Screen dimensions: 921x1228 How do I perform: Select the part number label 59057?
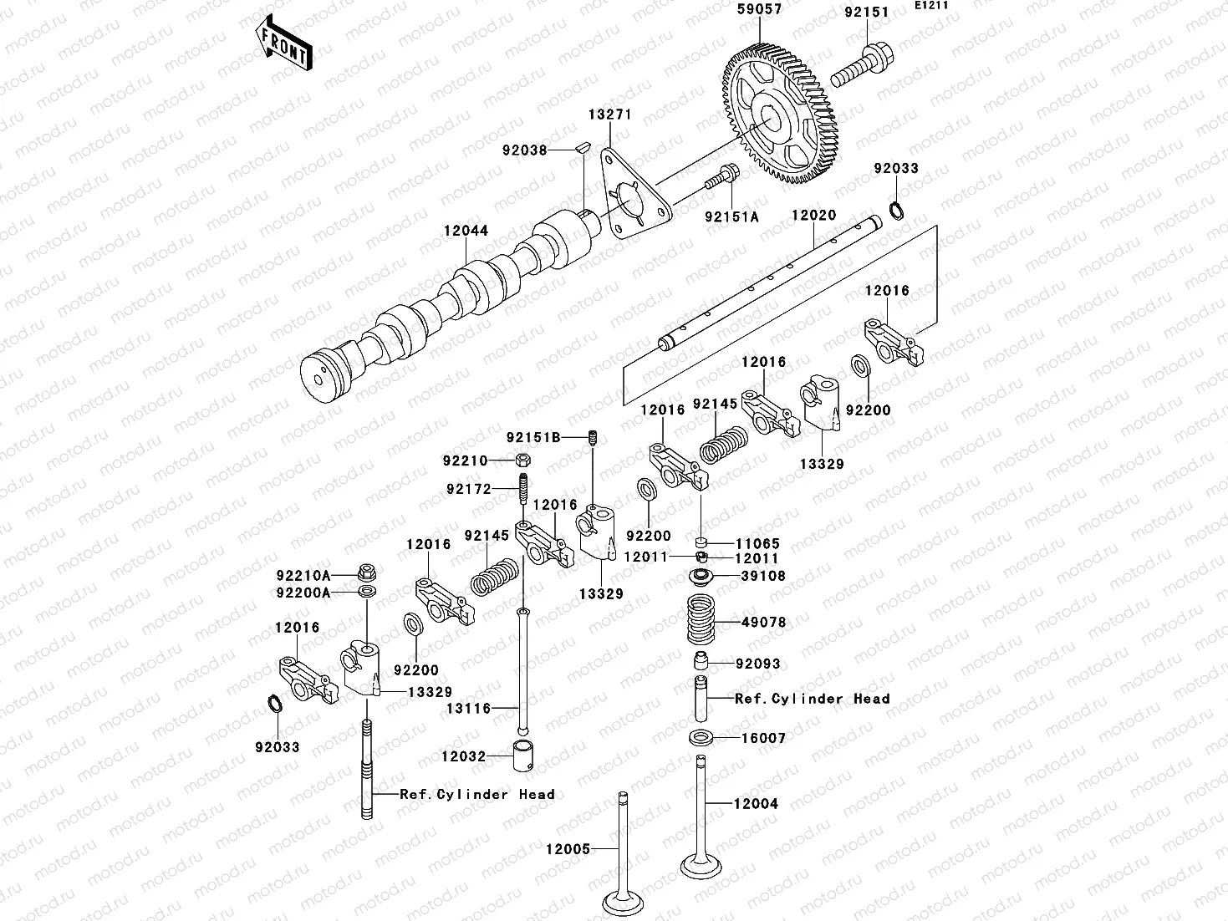point(758,11)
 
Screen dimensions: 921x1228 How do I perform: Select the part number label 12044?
point(466,232)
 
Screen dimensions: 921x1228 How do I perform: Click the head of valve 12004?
point(700,866)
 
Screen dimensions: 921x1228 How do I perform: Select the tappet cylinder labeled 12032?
point(523,756)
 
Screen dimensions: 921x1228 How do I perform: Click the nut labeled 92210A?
point(365,574)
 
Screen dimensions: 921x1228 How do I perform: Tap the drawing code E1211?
point(930,6)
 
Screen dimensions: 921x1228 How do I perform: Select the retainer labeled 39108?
point(701,577)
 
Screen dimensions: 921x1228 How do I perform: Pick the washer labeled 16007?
point(701,738)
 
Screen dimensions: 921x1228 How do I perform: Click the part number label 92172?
point(468,489)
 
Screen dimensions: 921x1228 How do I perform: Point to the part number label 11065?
point(757,542)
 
